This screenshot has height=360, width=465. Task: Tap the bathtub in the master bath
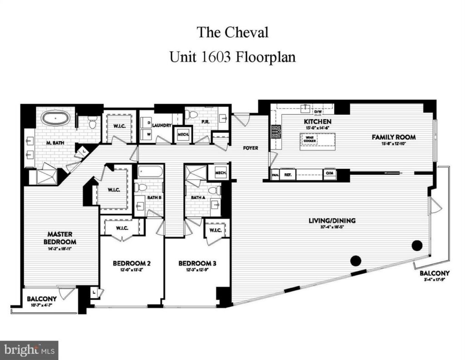coord(56,119)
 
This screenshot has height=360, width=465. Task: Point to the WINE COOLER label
coord(309,140)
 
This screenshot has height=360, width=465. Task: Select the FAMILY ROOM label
coord(394,137)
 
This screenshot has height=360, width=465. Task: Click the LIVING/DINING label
coord(332,221)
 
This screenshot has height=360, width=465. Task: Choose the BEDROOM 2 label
coord(131,263)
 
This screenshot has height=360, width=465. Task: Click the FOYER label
coord(251,148)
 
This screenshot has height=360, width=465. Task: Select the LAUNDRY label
coord(161,125)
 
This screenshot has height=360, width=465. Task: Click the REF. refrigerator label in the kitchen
coord(287,174)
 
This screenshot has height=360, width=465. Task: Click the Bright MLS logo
coord(29,350)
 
